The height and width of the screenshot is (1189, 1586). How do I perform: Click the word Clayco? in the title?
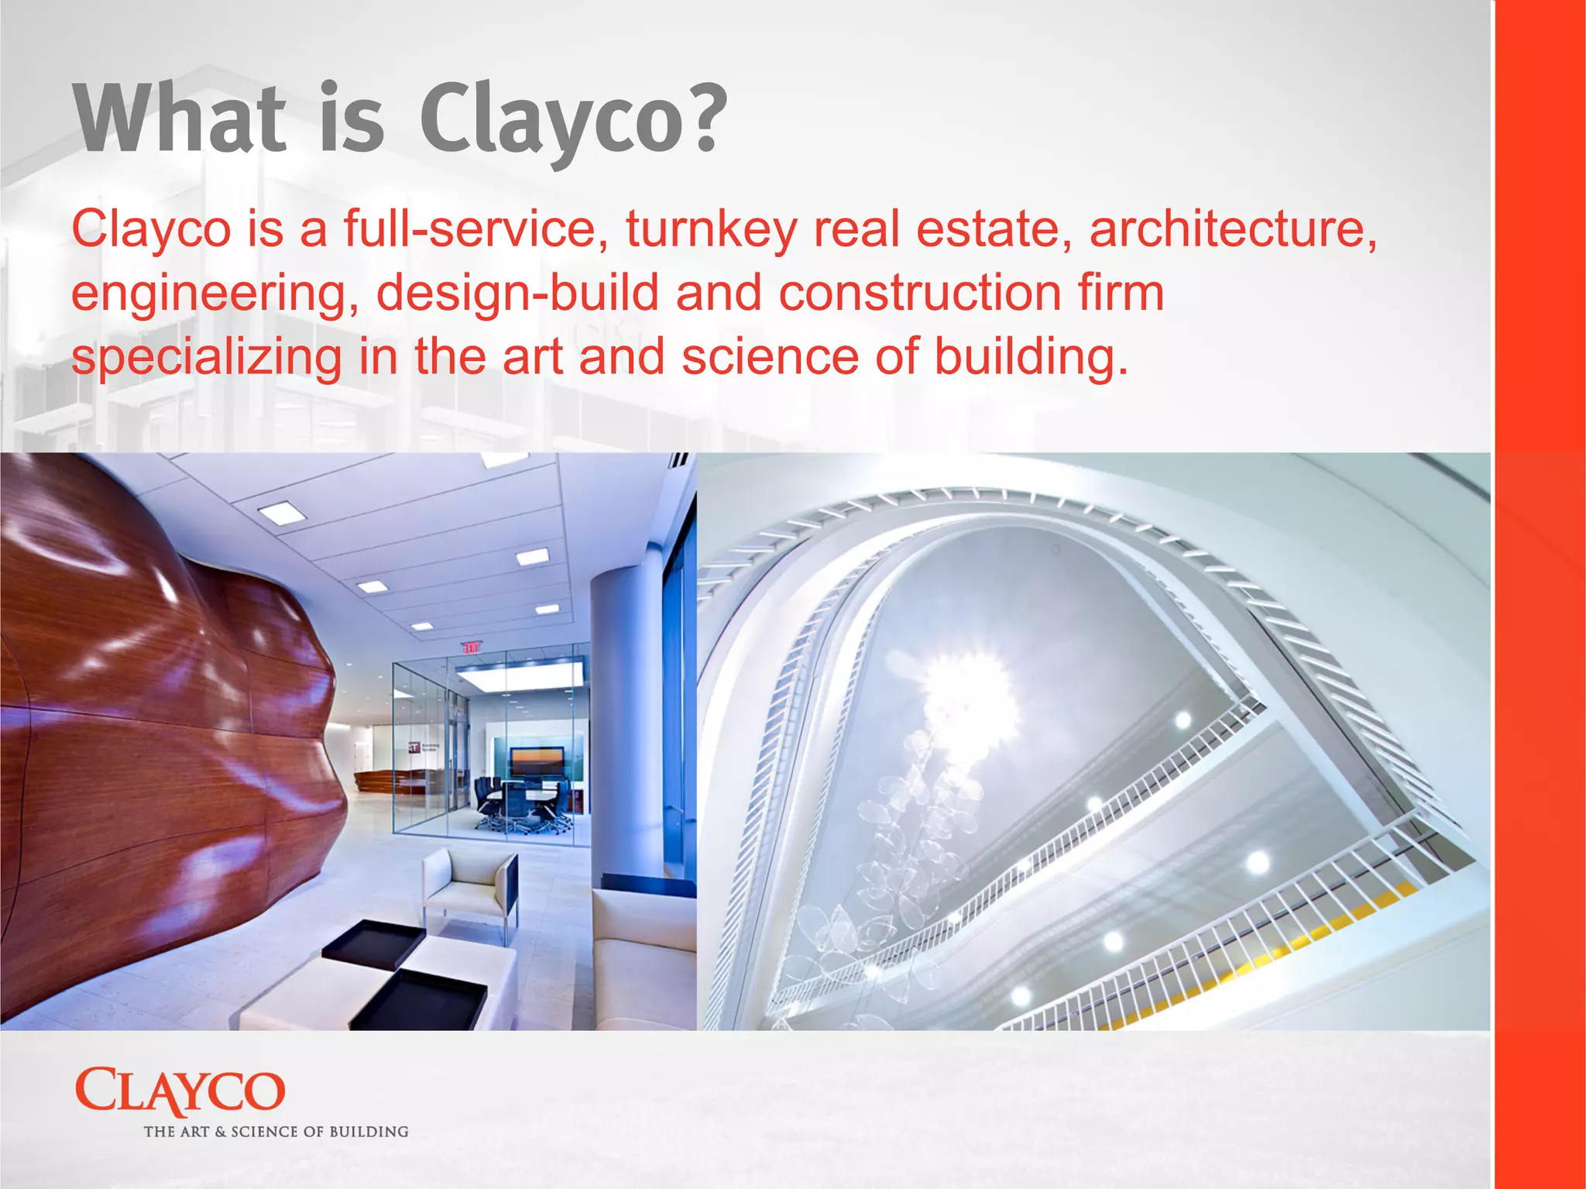point(573,120)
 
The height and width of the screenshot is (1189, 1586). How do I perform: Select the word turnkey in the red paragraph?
point(711,229)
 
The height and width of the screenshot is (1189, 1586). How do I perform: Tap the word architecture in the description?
point(1233,229)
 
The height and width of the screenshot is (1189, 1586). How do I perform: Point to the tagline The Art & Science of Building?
point(276,1132)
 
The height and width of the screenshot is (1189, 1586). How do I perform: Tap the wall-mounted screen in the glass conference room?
point(536,761)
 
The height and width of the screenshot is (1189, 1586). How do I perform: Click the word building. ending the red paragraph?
point(1030,358)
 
